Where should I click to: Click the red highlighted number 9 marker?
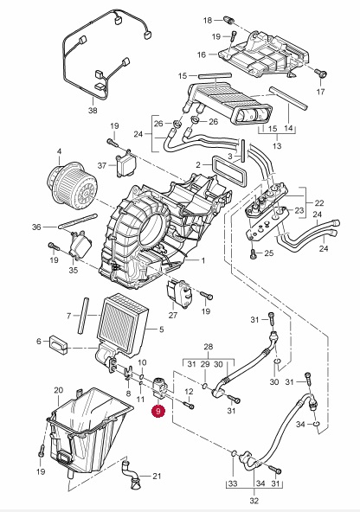click(158, 411)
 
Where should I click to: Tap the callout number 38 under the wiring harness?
click(93, 111)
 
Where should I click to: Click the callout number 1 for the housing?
click(203, 260)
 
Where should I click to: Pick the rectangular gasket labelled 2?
click(228, 170)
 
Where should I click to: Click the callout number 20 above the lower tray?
click(59, 390)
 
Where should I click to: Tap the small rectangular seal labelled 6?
click(58, 344)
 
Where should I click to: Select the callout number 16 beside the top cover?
click(202, 54)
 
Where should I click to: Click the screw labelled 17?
click(320, 73)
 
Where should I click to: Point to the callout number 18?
click(208, 20)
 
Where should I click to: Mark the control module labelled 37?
click(124, 164)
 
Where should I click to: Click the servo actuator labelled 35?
click(80, 244)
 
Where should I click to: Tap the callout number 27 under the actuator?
click(173, 315)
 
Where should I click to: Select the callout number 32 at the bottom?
click(254, 501)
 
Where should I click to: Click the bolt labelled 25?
click(254, 253)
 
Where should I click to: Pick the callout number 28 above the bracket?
click(208, 347)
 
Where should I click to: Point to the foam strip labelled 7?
click(83, 316)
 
